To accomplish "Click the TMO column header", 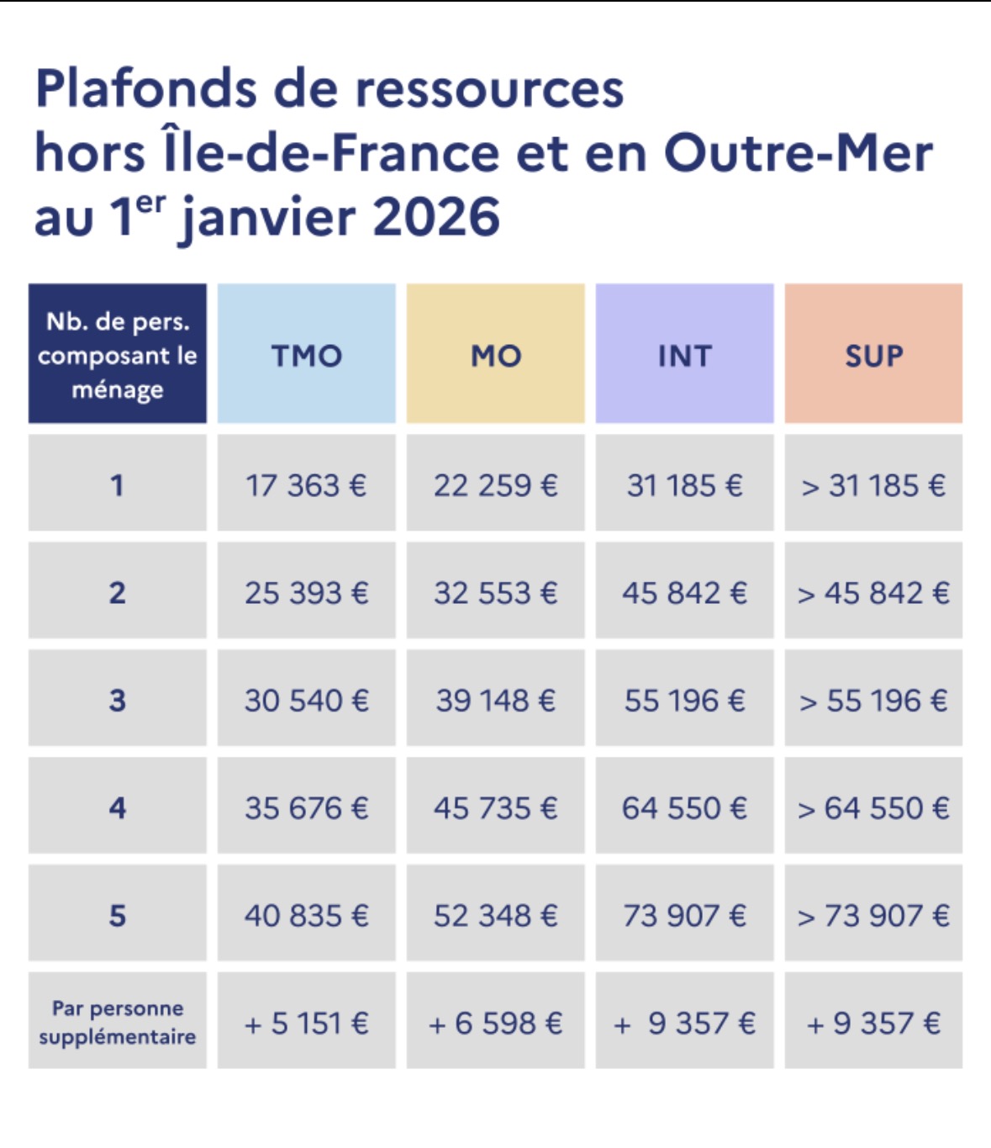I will [x=306, y=354].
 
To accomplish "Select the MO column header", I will [x=495, y=354].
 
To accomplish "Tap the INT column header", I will [x=684, y=354].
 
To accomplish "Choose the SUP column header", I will [x=873, y=354].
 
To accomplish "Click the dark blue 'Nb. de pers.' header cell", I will [x=118, y=354].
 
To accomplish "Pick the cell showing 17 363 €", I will [x=306, y=484].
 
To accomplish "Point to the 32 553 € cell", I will [x=495, y=592].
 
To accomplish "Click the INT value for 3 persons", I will [x=684, y=700].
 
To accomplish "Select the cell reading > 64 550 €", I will [x=873, y=807].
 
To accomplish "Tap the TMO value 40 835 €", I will [x=306, y=915].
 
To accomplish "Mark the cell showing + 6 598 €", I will [x=495, y=1023].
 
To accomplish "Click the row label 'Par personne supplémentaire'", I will [x=118, y=1022].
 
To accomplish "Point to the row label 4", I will [x=118, y=807].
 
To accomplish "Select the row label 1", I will [x=118, y=484].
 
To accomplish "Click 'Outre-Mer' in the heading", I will [x=799, y=153].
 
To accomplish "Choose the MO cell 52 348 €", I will [x=495, y=915].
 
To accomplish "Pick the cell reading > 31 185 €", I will [x=873, y=484].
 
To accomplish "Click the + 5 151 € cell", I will [x=306, y=1023].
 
